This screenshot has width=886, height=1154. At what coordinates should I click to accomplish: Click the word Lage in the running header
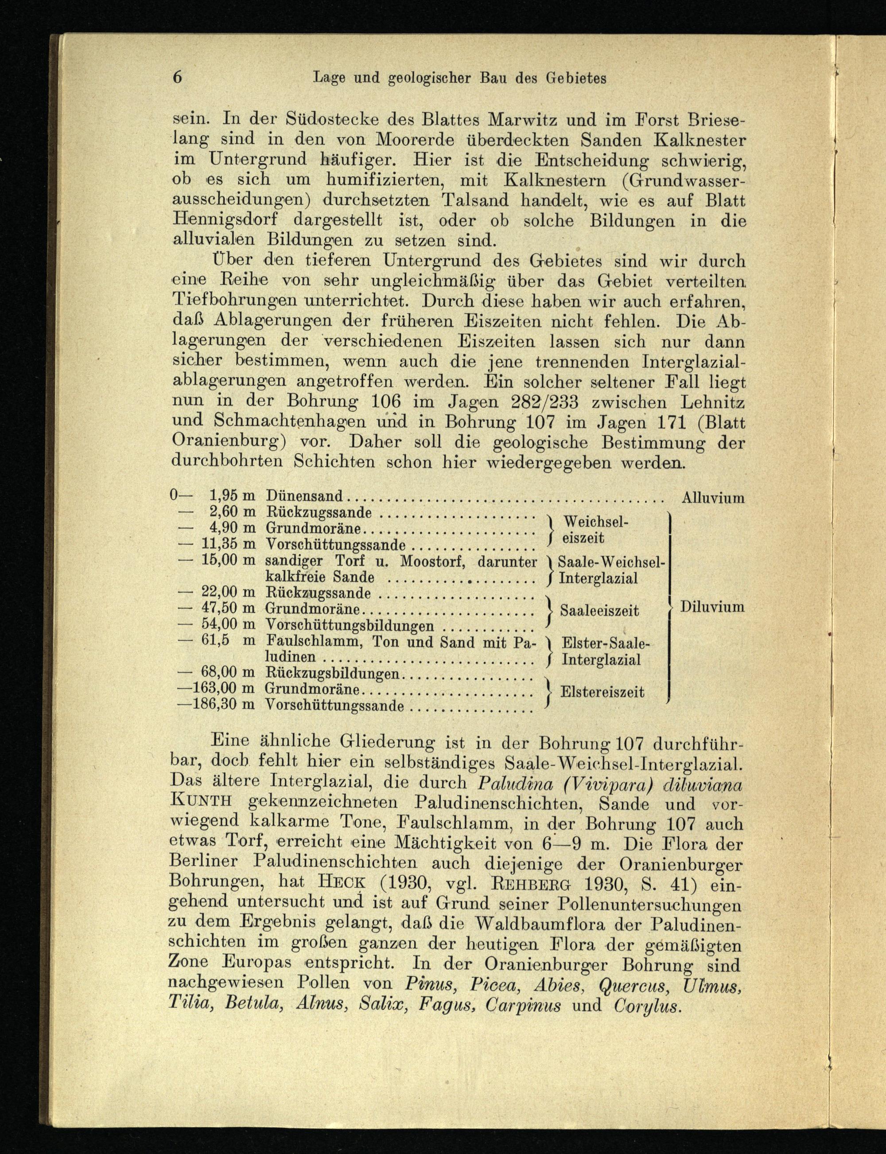[x=330, y=78]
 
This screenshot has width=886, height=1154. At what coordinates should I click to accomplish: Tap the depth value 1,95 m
[x=232, y=496]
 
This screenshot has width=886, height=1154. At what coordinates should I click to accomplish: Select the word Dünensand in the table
[x=304, y=496]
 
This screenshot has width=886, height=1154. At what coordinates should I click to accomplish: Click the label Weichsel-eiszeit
[x=595, y=530]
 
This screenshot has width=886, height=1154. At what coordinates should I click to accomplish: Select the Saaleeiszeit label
[x=599, y=611]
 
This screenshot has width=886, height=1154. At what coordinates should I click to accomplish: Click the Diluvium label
[x=712, y=607]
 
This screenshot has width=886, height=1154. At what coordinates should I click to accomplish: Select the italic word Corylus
[x=648, y=1005]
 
